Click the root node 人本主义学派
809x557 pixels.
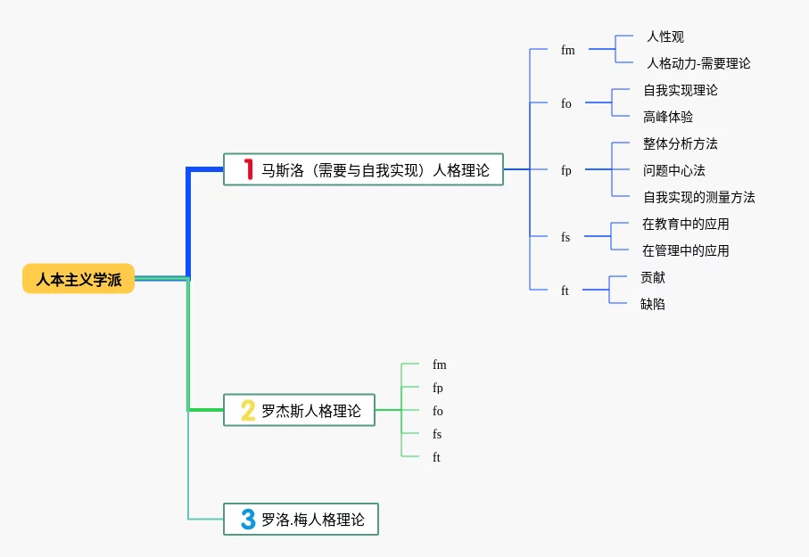tap(78, 279)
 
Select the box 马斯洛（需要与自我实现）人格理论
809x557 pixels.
tap(363, 169)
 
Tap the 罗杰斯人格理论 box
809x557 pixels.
tap(299, 410)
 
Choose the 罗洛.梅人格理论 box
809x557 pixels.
tap(301, 519)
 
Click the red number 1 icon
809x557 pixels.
tap(249, 169)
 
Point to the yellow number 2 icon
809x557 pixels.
tap(248, 410)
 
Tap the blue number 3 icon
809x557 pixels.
tap(248, 519)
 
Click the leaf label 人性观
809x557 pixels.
tap(665, 37)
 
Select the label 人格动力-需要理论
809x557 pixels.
tap(698, 63)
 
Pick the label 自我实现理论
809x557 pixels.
tap(680, 90)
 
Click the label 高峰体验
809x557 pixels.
tap(667, 117)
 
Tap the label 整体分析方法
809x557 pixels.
tap(680, 143)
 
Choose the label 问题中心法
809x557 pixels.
tap(673, 170)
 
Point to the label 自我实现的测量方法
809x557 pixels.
tap(698, 197)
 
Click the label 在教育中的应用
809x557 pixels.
tap(685, 224)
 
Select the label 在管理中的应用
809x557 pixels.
tap(685, 250)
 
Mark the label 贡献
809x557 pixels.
tap(652, 277)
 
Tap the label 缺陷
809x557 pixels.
tap(652, 304)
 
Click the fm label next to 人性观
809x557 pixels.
tap(568, 50)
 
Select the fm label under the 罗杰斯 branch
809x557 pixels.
tap(439, 365)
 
